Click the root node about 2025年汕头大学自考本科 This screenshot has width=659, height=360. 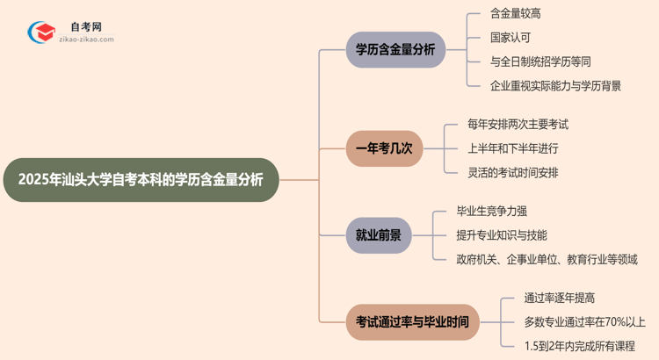(x=141, y=180)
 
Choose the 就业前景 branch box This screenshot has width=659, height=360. (x=379, y=235)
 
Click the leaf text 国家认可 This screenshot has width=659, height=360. (x=511, y=38)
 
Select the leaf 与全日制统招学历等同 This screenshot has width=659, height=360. (x=541, y=61)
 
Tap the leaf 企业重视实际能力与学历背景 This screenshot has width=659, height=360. (x=556, y=85)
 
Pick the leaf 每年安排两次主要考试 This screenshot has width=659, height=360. (x=518, y=125)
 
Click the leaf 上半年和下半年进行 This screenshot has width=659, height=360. (x=513, y=148)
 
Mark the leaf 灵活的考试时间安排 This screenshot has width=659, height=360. (x=513, y=172)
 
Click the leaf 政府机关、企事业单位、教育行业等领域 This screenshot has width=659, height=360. (x=547, y=259)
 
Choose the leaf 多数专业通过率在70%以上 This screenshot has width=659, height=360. (x=584, y=322)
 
